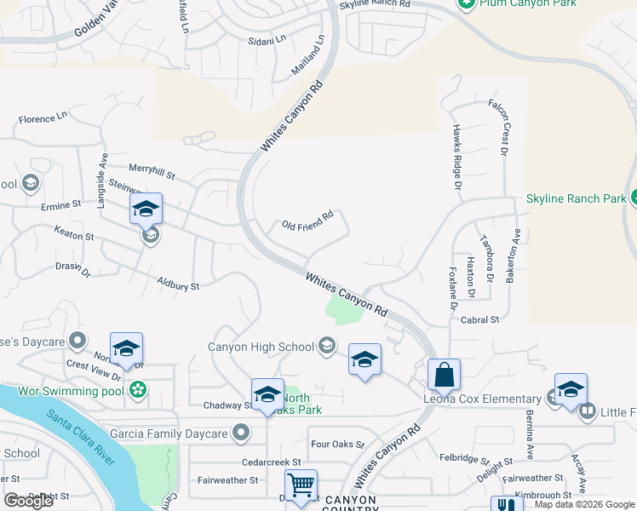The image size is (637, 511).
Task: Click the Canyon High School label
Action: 261,347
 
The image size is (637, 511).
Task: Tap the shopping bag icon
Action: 444,374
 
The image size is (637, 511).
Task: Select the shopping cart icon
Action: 301,485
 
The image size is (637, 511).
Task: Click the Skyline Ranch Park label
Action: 576,198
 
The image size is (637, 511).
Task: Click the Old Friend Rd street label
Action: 307,226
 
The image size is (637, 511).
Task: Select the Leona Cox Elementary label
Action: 483,399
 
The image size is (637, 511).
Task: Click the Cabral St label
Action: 479,319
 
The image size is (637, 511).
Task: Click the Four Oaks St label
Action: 337,445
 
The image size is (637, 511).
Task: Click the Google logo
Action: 29,501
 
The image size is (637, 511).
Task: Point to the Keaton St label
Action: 73,235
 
